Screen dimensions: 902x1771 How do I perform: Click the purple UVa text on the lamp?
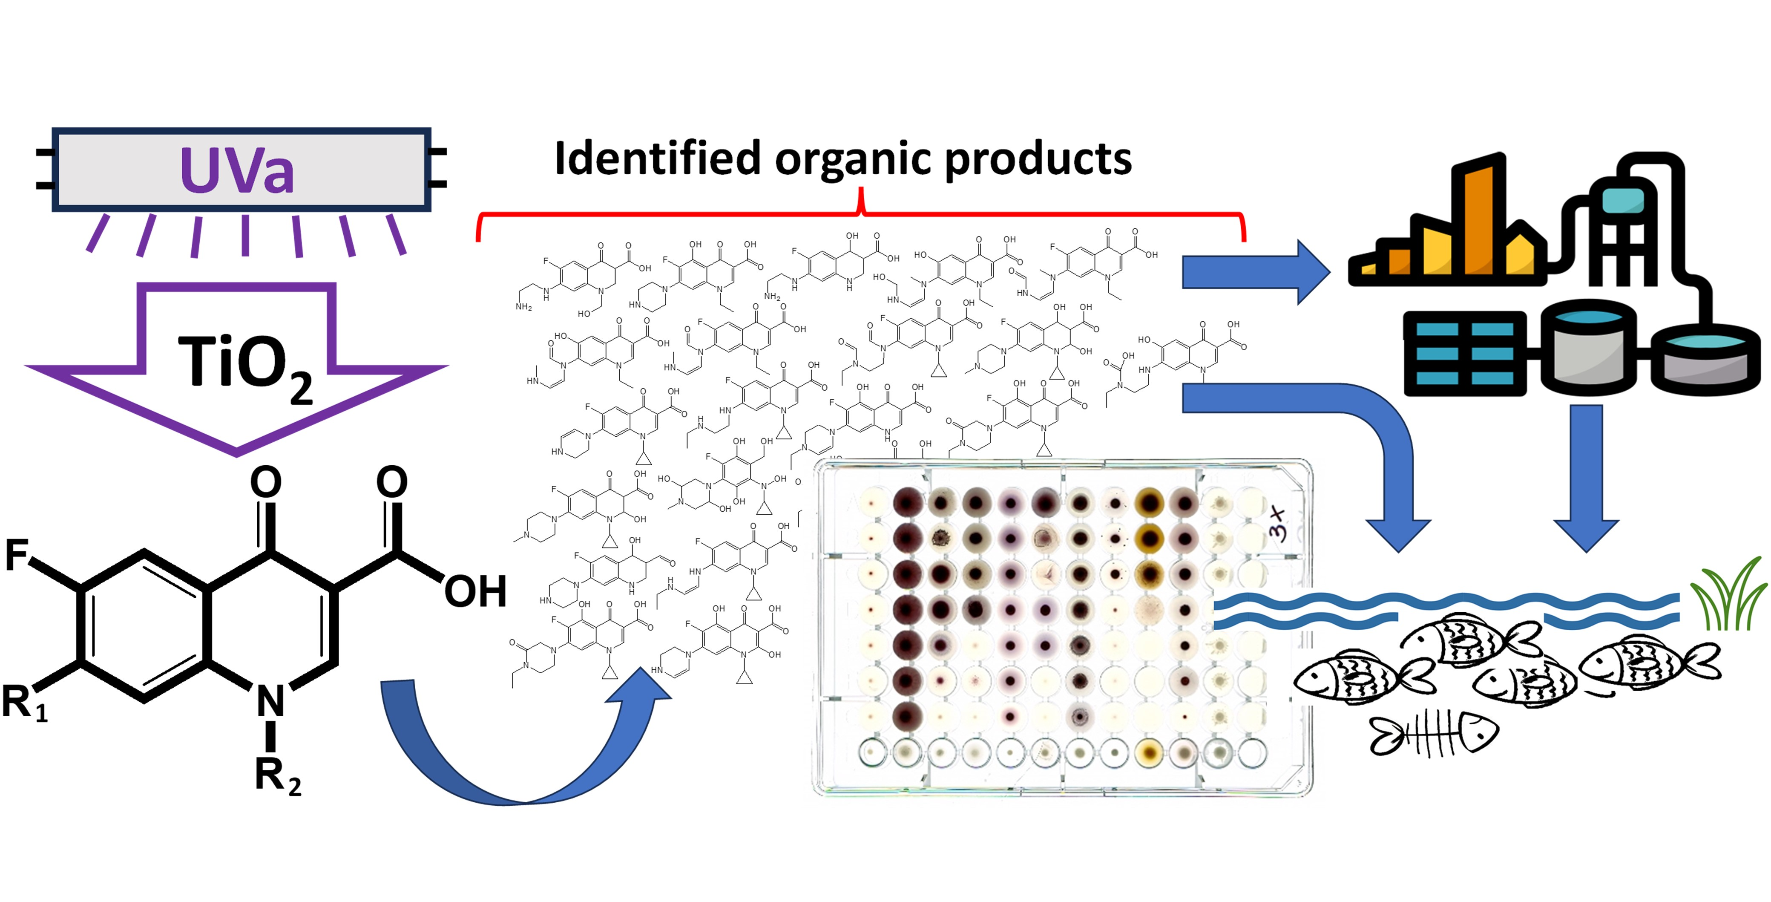click(x=237, y=170)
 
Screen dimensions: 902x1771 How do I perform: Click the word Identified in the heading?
click(x=656, y=159)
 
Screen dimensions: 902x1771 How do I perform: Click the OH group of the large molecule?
click(x=475, y=591)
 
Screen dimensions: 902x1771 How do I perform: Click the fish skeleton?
click(x=1433, y=734)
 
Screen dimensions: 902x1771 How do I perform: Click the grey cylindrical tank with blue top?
click(x=1588, y=347)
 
